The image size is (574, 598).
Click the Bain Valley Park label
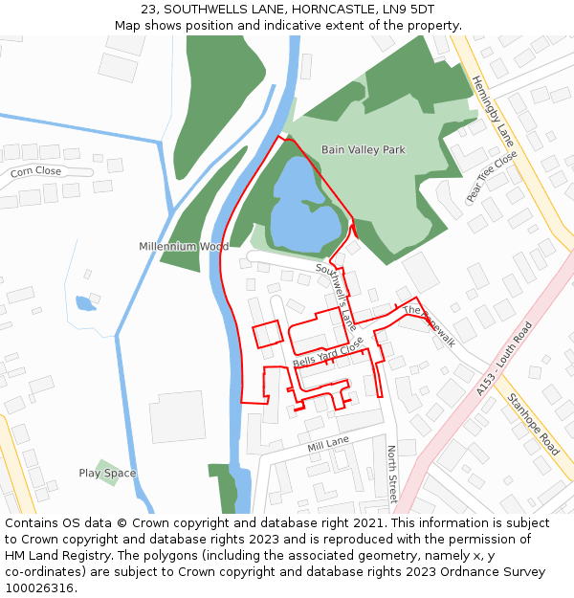pos(363,150)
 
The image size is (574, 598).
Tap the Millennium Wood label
pos(184,247)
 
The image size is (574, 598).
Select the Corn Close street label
pos(35,172)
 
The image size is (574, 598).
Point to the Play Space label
pos(107,474)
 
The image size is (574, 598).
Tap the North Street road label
pos(391,474)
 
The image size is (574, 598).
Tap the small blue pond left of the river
pos(85,303)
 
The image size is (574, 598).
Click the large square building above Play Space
pos(177,416)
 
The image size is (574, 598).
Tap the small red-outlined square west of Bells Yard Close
pos(268,334)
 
